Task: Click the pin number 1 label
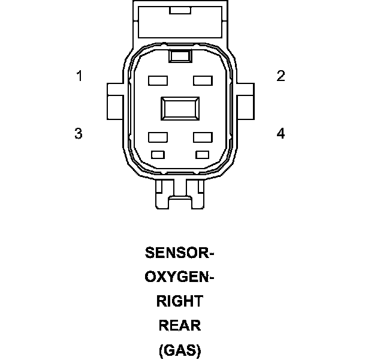79,76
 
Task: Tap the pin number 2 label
280,76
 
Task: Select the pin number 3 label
79,133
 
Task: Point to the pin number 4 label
280,133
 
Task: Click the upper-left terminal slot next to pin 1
157,79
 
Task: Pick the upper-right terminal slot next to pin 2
203,79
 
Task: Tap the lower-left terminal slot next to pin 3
157,137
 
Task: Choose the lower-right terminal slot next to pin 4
203,137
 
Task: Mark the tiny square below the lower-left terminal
158,154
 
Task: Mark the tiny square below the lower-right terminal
202,154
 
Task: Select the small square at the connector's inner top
180,56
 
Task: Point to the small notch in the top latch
180,10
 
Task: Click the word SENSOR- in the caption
180,253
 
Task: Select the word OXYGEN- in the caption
180,277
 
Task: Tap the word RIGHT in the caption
180,301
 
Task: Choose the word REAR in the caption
180,326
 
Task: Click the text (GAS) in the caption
180,350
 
